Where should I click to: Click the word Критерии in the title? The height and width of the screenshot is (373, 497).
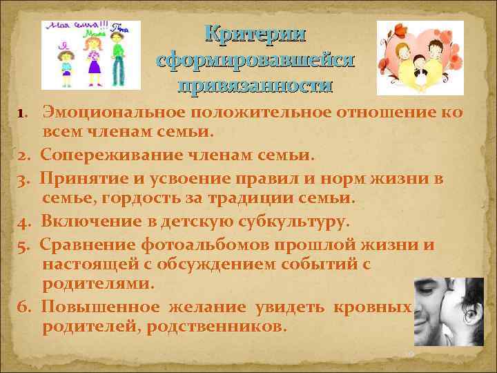[256, 33]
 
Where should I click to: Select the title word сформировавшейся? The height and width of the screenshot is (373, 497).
[256, 59]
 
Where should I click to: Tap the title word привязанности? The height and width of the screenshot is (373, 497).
[256, 86]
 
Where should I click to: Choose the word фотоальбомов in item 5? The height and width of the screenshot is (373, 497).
[206, 245]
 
